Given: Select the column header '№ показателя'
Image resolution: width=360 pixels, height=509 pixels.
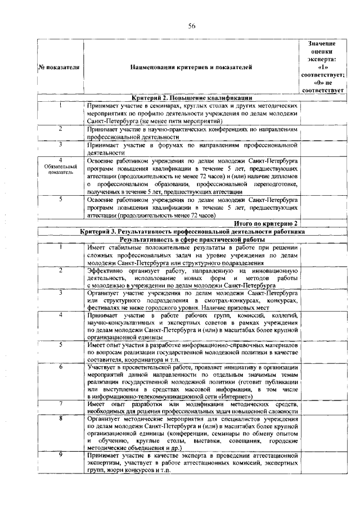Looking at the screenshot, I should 59,67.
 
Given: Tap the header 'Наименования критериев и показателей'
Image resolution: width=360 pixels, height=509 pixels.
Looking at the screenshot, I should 191,67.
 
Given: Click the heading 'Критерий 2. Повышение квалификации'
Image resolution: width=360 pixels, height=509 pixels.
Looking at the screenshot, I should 191,98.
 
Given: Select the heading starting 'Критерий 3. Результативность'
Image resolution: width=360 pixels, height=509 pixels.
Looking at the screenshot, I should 191,231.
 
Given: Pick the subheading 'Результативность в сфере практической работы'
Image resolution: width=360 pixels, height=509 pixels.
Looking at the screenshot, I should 191,239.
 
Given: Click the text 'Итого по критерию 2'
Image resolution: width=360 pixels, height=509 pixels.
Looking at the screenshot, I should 265,223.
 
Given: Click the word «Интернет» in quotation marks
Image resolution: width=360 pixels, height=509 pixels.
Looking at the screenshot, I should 269,396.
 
